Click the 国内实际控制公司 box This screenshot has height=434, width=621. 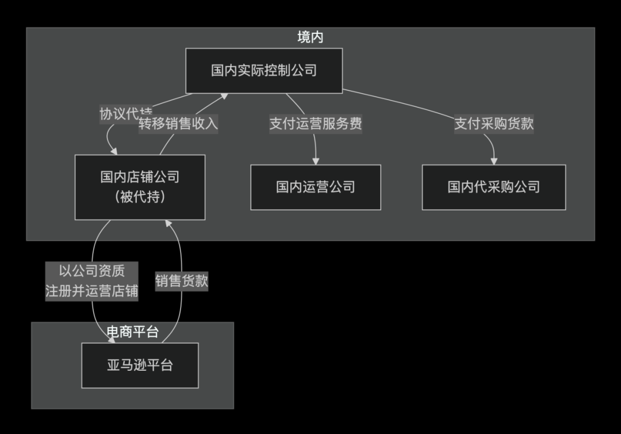(264, 71)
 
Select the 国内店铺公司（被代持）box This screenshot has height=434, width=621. (140, 187)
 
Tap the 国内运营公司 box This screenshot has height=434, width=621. (315, 187)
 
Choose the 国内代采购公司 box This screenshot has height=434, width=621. (493, 187)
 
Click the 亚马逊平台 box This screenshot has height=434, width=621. (140, 365)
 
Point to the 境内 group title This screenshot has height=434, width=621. (310, 37)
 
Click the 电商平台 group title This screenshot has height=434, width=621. (133, 332)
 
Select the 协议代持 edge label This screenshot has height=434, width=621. (126, 114)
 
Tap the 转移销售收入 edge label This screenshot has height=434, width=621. (178, 124)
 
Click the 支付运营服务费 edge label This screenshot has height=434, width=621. (316, 124)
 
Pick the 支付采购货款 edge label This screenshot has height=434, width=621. (494, 124)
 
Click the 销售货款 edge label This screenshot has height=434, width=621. (182, 281)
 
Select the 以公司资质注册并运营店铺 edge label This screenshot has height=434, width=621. (92, 281)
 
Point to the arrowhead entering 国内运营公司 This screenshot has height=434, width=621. (316, 161)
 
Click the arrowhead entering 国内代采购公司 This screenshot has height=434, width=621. (494, 161)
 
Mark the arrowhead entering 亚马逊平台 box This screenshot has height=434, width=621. (110, 340)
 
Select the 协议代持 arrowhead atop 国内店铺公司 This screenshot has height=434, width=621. (114, 151)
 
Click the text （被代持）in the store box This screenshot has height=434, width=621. (140, 197)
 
